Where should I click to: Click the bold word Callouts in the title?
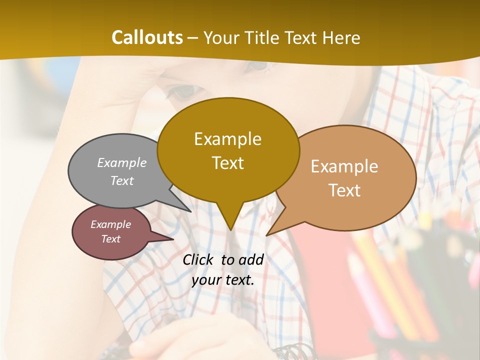147,37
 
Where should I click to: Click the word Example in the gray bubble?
122,162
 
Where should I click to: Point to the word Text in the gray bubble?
122,180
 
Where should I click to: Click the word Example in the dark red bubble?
110,224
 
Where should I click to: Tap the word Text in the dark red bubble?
110,239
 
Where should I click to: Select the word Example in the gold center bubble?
227,139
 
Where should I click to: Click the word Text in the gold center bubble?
227,163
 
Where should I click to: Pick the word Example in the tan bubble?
344,166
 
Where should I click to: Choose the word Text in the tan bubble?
344,190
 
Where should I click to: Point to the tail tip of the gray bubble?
190,211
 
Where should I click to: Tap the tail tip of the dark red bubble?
173,239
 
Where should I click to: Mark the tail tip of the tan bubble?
267,235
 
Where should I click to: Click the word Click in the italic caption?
199,259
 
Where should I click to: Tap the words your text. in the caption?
223,280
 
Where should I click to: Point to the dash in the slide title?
193,38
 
